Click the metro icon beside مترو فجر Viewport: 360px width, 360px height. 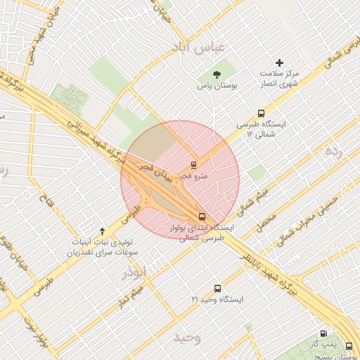coord(193,166)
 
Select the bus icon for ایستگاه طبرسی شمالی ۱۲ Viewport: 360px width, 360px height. coord(262,113)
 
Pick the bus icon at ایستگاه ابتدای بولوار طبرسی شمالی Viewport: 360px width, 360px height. coord(202,217)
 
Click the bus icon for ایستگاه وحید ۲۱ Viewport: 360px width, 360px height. coord(217,288)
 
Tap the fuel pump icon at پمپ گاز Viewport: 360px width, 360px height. coord(323,334)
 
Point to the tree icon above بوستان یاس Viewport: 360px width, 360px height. coord(216,74)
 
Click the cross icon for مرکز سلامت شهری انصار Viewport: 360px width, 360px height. coord(279,63)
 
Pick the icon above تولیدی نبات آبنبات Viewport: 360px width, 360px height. coord(103,231)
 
